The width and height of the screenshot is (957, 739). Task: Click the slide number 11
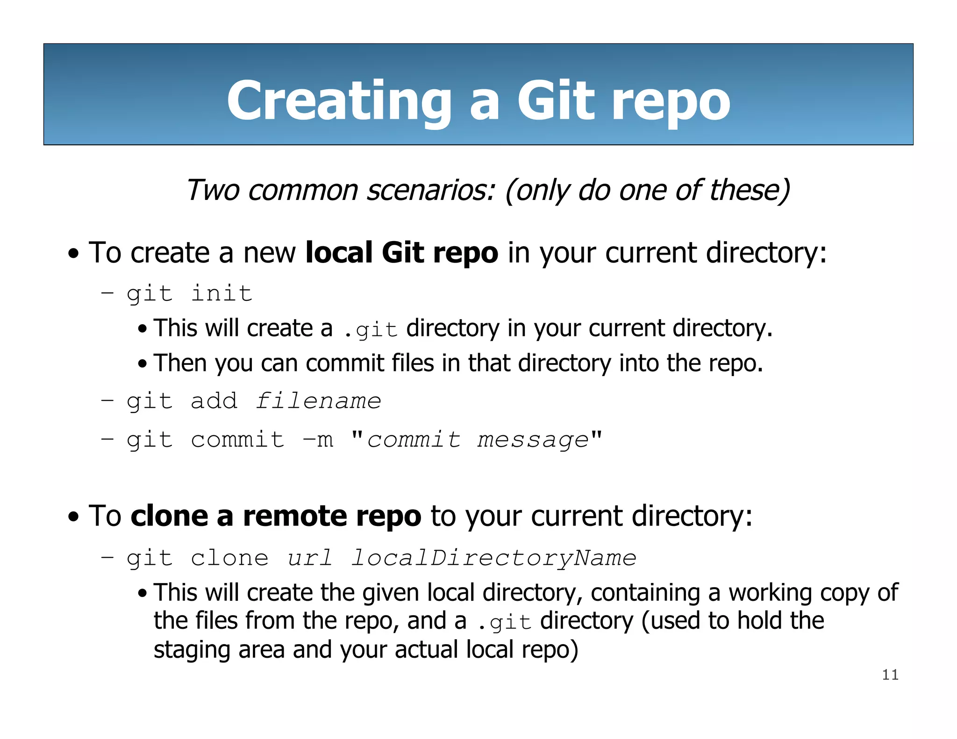pyautogui.click(x=890, y=675)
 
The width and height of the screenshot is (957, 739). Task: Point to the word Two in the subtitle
pyautogui.click(x=213, y=191)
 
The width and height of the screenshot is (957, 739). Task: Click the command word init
pyautogui.click(x=222, y=294)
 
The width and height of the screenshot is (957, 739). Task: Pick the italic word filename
pyautogui.click(x=318, y=401)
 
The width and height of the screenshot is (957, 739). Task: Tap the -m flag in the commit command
pyautogui.click(x=318, y=440)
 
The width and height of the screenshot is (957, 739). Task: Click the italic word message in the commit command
pyautogui.click(x=533, y=440)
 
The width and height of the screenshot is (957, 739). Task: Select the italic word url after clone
pyautogui.click(x=310, y=558)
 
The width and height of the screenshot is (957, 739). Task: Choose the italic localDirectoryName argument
pyautogui.click(x=493, y=558)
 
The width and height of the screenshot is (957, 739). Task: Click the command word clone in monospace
pyautogui.click(x=229, y=558)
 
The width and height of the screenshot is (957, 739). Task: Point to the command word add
pyautogui.click(x=214, y=401)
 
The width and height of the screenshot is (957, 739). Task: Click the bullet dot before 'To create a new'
pyautogui.click(x=73, y=255)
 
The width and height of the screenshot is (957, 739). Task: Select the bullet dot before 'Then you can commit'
pyautogui.click(x=143, y=364)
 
